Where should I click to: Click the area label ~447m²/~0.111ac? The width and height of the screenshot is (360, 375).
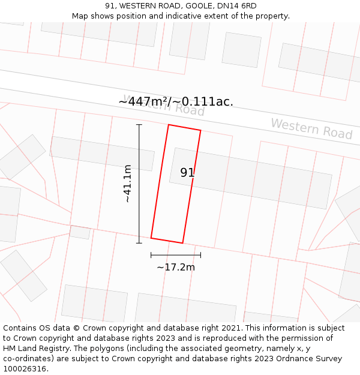pyautogui.click(x=176, y=101)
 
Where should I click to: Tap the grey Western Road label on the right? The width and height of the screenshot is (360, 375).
pyautogui.click(x=311, y=128)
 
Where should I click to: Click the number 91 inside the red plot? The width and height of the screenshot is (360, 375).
pyautogui.click(x=187, y=172)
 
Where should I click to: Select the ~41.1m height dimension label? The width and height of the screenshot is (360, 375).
pyautogui.click(x=127, y=183)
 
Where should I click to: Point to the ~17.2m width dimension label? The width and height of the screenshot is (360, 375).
pyautogui.click(x=176, y=267)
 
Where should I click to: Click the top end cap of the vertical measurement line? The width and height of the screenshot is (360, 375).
pyautogui.click(x=139, y=125)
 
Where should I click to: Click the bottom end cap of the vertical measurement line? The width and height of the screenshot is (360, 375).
pyautogui.click(x=139, y=243)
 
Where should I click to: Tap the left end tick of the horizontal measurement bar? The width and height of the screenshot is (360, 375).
pyautogui.click(x=151, y=255)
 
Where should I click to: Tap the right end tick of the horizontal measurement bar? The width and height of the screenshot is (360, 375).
pyautogui.click(x=200, y=255)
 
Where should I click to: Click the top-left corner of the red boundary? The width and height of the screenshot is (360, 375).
pyautogui.click(x=169, y=125)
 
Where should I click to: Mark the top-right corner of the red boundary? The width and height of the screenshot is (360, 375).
pyautogui.click(x=200, y=131)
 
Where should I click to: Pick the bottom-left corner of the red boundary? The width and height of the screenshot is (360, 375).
pyautogui.click(x=151, y=238)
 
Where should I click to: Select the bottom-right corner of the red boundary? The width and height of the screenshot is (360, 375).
pyautogui.click(x=182, y=243)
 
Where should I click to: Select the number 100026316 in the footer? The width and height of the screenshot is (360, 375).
pyautogui.click(x=26, y=368)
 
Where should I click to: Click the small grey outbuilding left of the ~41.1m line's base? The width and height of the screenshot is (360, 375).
pyautogui.click(x=80, y=232)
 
